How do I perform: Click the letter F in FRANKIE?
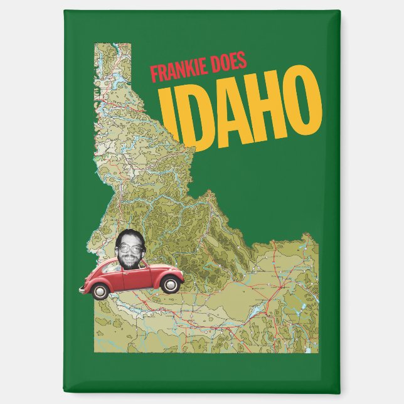[154, 75]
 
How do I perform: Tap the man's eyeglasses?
[130, 250]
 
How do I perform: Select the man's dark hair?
[129, 237]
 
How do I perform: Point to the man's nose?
[131, 253]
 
